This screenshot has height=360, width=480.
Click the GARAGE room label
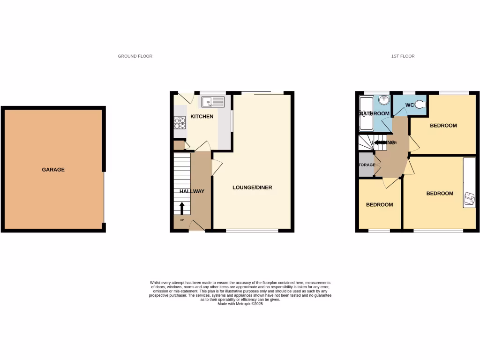53,170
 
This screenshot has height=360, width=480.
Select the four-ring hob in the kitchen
180,122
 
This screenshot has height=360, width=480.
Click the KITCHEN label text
202,116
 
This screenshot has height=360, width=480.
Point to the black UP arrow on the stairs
182,208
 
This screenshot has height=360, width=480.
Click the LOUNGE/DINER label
252,187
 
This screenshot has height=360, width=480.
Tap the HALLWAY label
192,191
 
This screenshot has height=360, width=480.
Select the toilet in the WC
420,105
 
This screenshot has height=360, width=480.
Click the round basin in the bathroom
383,100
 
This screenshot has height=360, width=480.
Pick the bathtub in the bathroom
365,113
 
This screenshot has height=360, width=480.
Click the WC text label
409,105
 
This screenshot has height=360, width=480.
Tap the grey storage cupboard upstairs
366,165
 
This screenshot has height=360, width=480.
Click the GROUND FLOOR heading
135,56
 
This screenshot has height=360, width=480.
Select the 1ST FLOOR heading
403,56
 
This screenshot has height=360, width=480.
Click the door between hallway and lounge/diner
217,167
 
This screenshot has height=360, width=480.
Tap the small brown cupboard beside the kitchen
179,145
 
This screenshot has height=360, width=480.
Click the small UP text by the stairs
182,220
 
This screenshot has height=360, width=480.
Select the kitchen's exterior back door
183,98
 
